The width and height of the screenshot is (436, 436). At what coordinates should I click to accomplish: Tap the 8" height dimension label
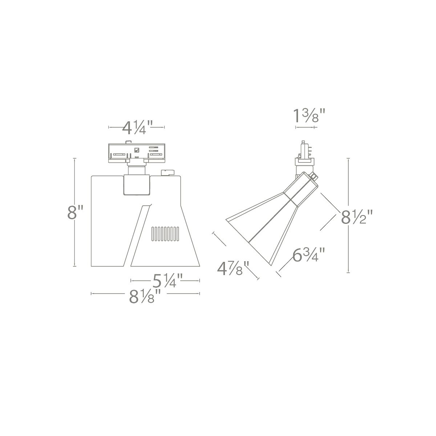coord(76,213)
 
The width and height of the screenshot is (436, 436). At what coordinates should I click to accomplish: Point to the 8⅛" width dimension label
coord(145,297)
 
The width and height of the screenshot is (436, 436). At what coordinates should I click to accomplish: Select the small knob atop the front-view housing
coord(167,173)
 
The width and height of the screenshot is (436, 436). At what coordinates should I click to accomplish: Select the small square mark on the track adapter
coord(137,149)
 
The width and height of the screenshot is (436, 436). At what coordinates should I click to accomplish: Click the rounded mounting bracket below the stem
coord(137,185)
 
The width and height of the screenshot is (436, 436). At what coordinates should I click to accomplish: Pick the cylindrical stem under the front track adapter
coord(137,169)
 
